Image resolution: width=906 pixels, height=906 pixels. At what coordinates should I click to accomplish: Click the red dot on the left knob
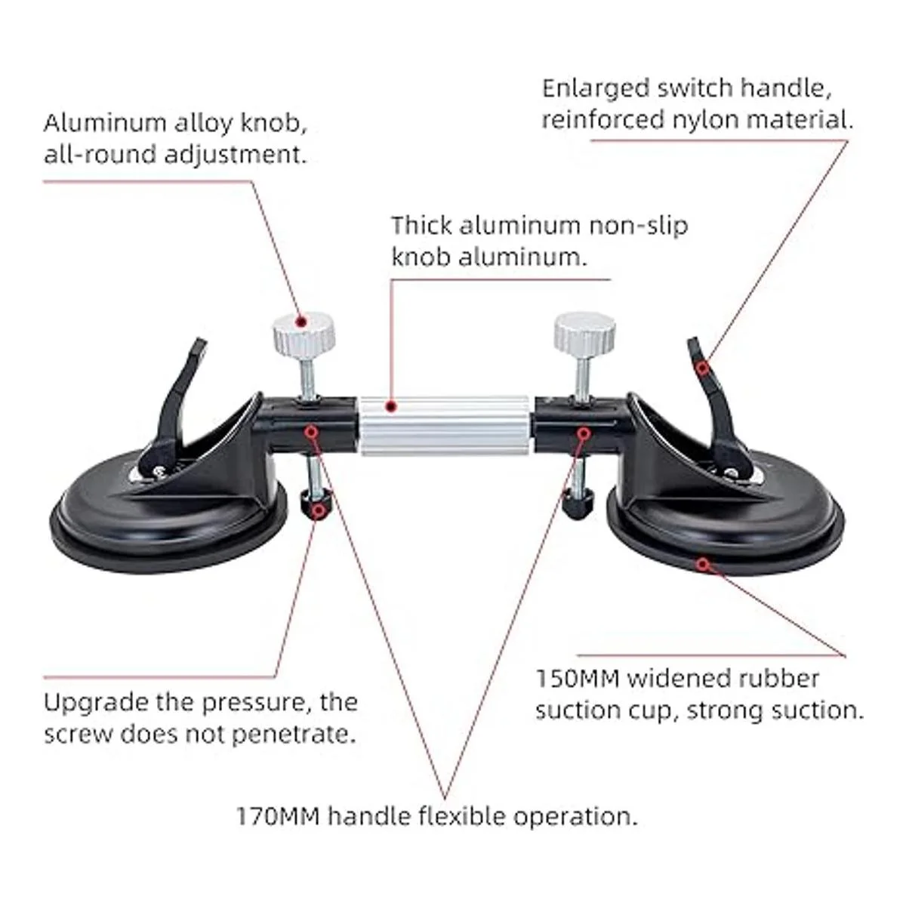tap(300, 322)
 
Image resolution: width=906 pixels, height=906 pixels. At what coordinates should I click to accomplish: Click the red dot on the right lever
tap(703, 368)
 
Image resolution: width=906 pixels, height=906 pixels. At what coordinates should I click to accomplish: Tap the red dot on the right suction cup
tap(703, 563)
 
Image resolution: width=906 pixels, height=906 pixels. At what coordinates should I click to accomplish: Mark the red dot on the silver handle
tap(390, 408)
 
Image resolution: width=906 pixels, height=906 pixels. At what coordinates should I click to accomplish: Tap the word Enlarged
tap(585, 89)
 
